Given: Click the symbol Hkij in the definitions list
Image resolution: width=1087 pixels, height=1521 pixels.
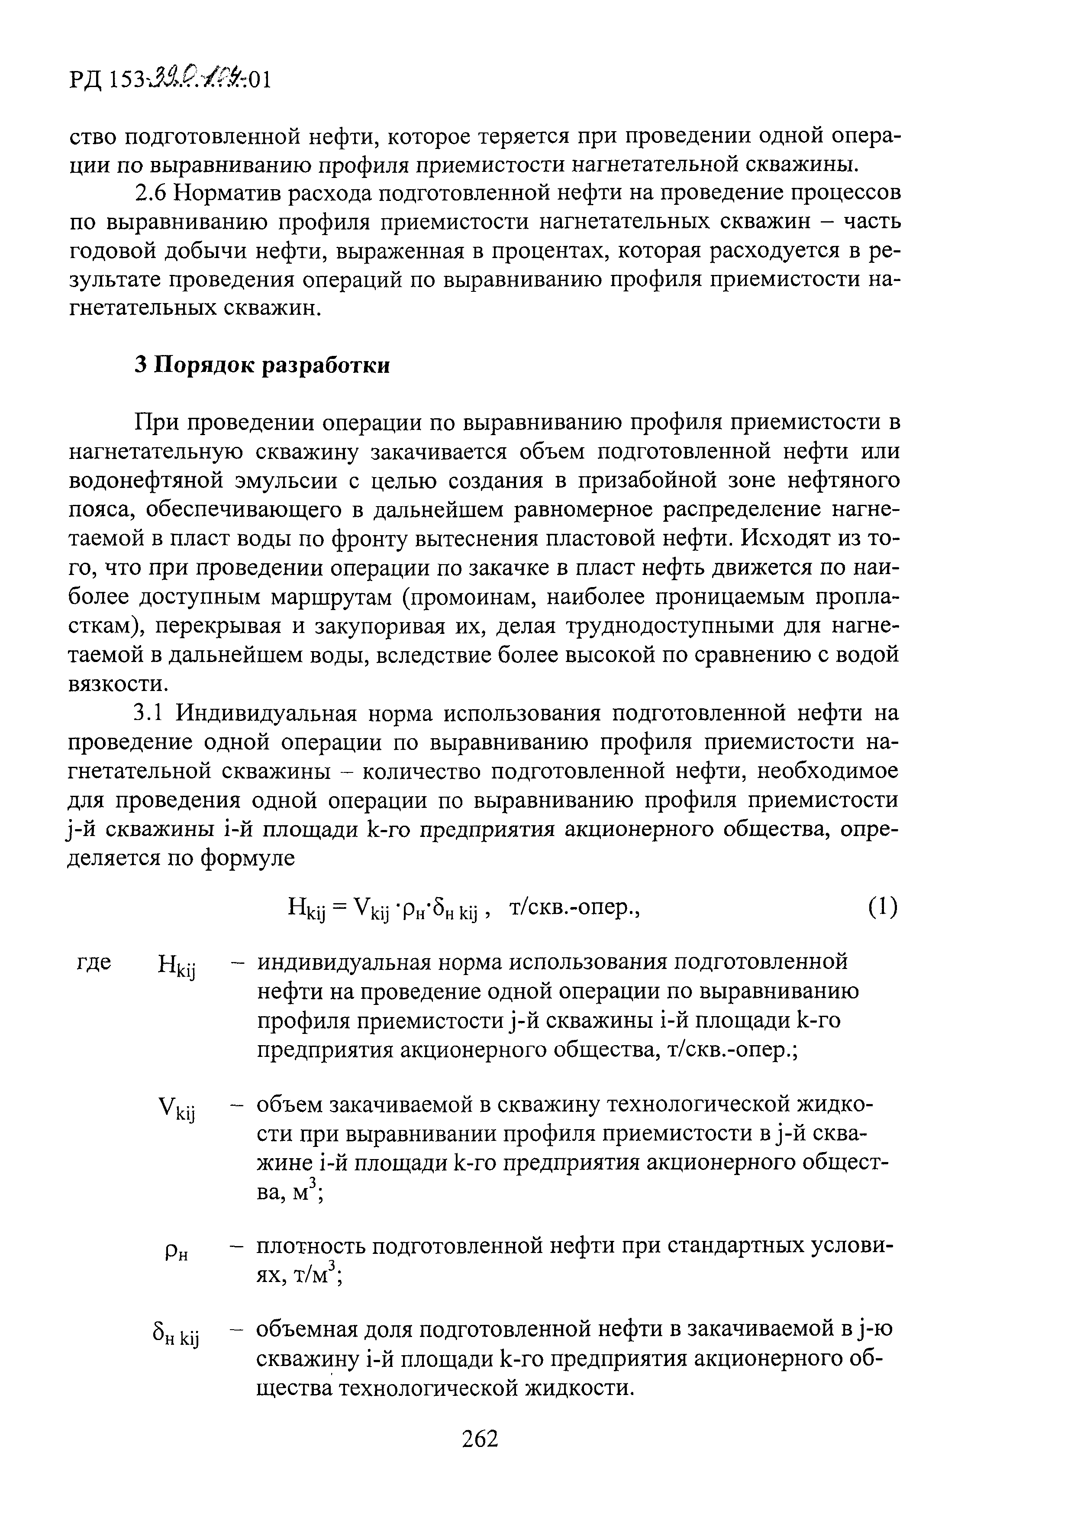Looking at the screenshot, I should point(176,967).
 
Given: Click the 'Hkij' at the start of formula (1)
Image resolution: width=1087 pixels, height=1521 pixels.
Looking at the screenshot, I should point(306,910).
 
